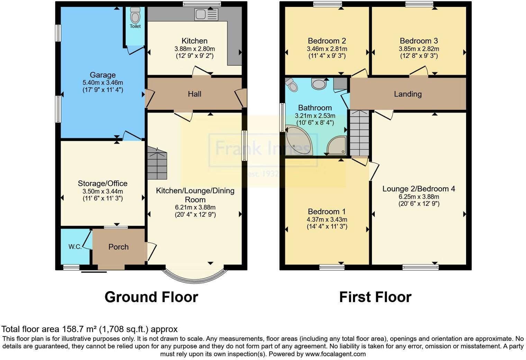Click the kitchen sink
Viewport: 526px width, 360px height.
(206, 14)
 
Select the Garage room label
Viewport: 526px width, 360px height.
(103, 75)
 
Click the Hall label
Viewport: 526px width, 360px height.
(194, 94)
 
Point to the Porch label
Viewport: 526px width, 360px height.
(118, 247)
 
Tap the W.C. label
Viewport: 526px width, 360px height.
(75, 247)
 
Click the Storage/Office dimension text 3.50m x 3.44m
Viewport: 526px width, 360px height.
(103, 191)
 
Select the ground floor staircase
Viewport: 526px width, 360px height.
(157, 163)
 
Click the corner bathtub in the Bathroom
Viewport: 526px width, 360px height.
(299, 140)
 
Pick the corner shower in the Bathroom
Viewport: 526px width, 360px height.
(336, 146)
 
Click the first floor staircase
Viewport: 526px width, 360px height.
(359, 133)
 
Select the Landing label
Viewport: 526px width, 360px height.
(408, 94)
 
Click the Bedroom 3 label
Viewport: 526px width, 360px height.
(419, 41)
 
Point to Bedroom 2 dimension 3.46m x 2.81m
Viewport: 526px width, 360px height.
(327, 49)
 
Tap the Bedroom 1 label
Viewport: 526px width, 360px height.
(327, 211)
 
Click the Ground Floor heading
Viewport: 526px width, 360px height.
(151, 297)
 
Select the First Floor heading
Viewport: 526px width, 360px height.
(375, 297)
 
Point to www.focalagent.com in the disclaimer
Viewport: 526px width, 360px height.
(335, 354)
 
